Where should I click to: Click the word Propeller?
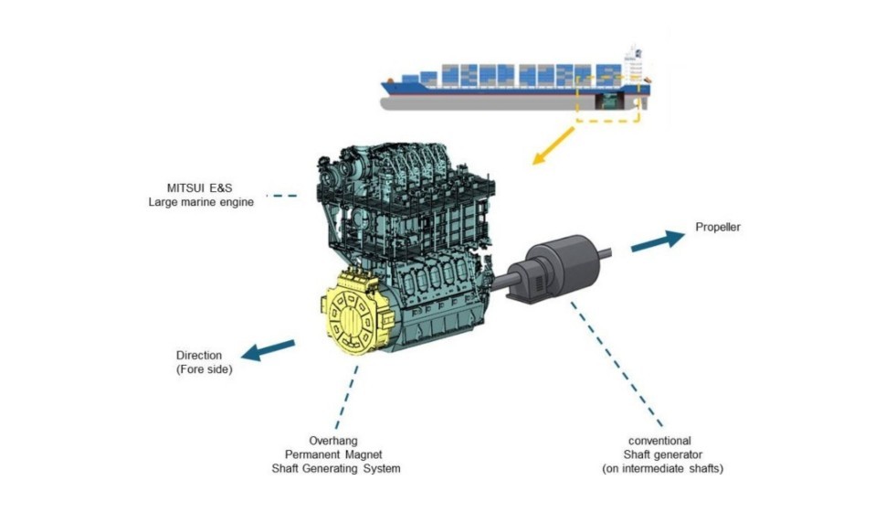(718, 228)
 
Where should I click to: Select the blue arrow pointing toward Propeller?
(657, 240)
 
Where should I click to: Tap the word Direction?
(199, 356)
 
